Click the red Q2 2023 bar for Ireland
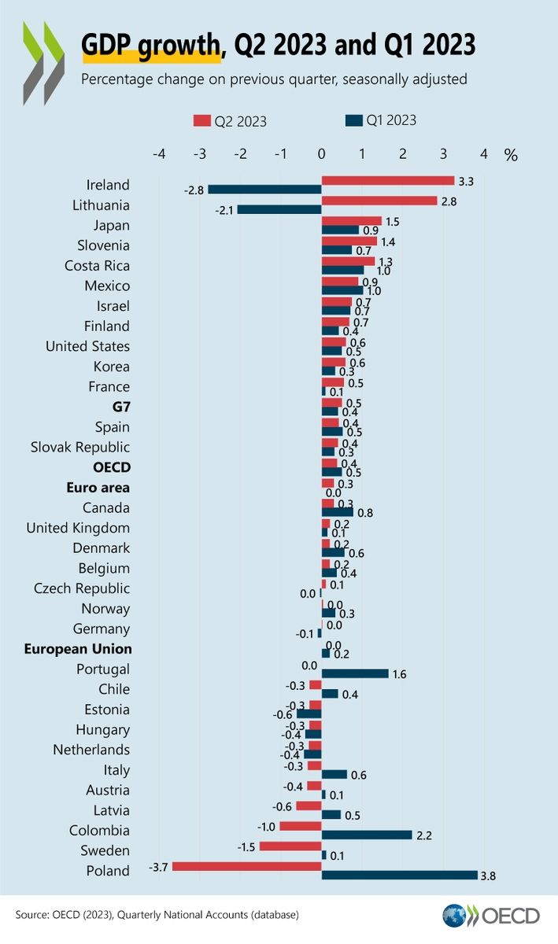(x=388, y=180)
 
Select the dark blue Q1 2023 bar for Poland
(x=399, y=876)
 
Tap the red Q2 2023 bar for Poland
(x=247, y=866)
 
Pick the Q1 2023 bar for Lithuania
(x=279, y=209)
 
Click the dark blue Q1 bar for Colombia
(x=367, y=835)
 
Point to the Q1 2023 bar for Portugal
(x=355, y=673)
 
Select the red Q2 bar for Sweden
(x=290, y=846)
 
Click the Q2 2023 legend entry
(x=230, y=121)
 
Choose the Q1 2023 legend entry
(x=381, y=120)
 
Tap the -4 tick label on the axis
(x=159, y=154)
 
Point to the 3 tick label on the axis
(x=443, y=154)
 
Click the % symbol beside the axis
(x=511, y=155)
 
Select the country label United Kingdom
(x=78, y=528)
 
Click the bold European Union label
(x=78, y=649)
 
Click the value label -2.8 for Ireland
(x=194, y=190)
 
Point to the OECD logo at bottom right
(x=491, y=916)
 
